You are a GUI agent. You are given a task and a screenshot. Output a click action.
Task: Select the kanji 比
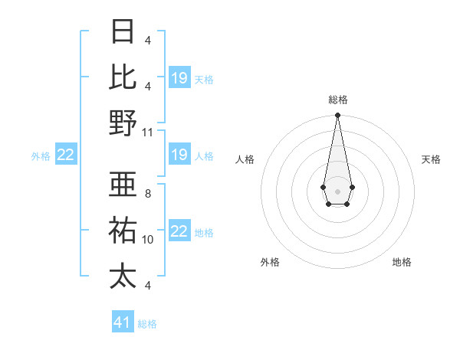tap(123, 77)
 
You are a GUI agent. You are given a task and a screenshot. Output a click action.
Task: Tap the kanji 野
tap(123, 123)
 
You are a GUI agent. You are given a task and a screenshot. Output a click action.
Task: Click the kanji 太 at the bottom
tap(123, 275)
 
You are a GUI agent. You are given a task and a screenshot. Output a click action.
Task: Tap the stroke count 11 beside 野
tap(148, 132)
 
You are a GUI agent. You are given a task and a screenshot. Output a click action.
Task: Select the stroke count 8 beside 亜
tap(147, 194)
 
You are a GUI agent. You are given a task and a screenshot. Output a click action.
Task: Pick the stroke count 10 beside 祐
tap(148, 240)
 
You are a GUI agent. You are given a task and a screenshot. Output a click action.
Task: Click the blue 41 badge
tap(123, 322)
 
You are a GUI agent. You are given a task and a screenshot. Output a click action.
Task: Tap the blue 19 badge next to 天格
tap(179, 78)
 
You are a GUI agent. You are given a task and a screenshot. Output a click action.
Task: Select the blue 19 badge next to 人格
tap(179, 155)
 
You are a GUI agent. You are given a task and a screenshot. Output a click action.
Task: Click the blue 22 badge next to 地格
tap(179, 232)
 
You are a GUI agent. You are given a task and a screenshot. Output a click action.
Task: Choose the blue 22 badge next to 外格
tap(66, 155)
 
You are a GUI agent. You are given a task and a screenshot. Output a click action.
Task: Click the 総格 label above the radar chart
tap(337, 100)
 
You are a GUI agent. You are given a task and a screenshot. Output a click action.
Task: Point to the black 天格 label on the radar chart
tap(431, 159)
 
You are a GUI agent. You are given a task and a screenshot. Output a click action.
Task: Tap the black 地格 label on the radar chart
tap(402, 262)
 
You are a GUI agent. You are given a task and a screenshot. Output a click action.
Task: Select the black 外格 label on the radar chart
tap(270, 262)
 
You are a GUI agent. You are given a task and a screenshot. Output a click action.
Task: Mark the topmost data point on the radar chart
tap(337, 116)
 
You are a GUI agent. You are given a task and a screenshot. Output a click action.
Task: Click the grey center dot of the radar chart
tap(337, 191)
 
